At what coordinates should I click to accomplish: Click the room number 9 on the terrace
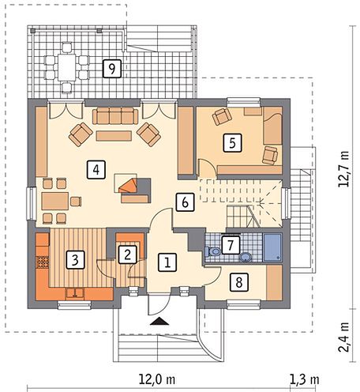112,69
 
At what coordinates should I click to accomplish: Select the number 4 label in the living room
96,170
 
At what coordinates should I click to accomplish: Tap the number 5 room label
232,143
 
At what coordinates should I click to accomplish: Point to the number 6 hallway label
185,202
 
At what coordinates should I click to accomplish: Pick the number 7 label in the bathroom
231,246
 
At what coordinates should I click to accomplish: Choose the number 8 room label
239,282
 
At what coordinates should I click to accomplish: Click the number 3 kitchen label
75,260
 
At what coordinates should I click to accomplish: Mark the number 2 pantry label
128,254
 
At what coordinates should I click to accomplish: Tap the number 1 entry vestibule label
167,262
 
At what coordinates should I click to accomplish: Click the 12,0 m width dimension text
157,379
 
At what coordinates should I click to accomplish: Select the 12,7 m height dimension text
344,169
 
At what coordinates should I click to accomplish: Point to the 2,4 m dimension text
344,337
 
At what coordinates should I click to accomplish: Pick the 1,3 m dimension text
305,379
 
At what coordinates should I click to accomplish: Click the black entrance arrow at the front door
159,322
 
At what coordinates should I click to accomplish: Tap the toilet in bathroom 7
213,251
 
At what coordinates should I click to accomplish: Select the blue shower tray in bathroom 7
272,247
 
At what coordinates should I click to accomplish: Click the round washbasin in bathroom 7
246,257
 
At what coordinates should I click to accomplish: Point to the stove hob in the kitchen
42,262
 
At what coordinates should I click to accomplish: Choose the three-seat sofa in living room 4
115,115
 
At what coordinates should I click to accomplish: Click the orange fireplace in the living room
129,186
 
